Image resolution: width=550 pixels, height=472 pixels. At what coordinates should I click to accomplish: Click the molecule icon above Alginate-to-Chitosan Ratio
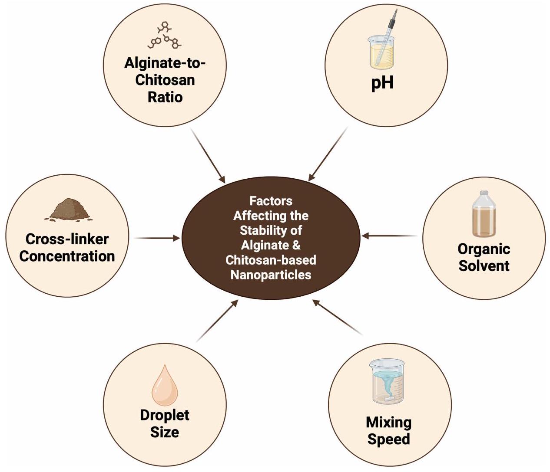(x=165, y=36)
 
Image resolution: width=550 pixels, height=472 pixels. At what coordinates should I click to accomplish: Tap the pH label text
(x=382, y=82)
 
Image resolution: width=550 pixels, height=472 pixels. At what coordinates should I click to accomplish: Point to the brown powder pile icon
(x=69, y=210)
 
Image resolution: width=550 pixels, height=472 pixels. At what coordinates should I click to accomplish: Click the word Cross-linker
(x=67, y=239)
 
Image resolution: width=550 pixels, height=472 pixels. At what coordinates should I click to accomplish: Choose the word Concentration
(x=67, y=256)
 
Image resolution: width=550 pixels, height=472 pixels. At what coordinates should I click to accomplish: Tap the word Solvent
(x=484, y=265)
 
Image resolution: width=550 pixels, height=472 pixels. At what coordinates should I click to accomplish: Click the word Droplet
(x=165, y=415)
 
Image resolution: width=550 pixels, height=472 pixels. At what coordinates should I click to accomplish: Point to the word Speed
(x=388, y=439)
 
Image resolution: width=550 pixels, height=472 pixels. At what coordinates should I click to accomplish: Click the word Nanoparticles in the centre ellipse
(x=271, y=275)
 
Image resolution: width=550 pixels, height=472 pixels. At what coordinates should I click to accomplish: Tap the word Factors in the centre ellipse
(x=271, y=201)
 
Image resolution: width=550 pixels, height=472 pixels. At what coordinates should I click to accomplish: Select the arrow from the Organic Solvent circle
(x=389, y=236)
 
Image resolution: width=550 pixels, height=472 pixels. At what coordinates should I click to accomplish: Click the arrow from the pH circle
(x=328, y=154)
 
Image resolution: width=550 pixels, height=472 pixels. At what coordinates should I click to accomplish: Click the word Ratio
(x=165, y=97)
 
